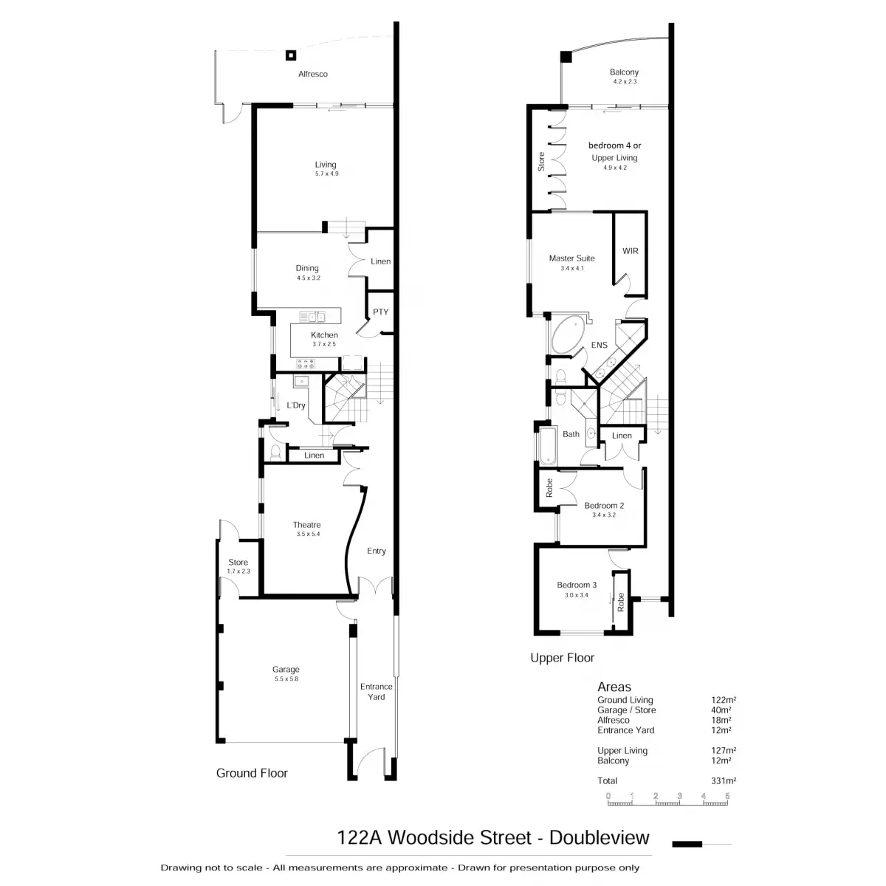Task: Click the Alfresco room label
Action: coord(312,74)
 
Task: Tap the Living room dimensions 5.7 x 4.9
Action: coord(326,174)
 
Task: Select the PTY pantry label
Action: coord(380,312)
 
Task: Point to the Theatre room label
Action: coord(306,525)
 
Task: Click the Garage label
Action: coord(286,670)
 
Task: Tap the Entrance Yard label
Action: coord(376,691)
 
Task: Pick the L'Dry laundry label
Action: coord(296,405)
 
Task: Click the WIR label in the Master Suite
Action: coord(630,251)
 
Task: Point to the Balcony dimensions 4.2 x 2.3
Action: coord(624,81)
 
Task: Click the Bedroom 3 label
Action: coord(577,585)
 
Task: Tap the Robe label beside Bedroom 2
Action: coord(549,487)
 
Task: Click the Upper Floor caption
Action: coord(562,658)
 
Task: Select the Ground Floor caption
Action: coord(252,773)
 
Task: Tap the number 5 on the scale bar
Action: coord(727,795)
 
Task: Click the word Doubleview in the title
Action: coord(600,837)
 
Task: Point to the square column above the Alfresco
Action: coord(292,55)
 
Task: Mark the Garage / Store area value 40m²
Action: coord(720,710)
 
